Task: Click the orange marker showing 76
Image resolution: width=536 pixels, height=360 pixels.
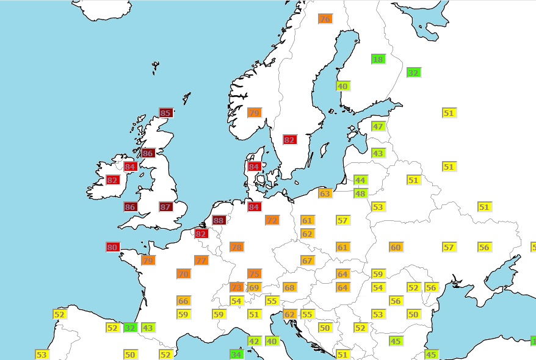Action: (325, 19)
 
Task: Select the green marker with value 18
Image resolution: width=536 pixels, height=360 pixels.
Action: (378, 59)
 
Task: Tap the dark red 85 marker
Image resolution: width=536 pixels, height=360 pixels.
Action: (165, 113)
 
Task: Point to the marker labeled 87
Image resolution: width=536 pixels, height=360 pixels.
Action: (165, 207)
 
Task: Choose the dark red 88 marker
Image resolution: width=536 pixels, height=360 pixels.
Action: (219, 220)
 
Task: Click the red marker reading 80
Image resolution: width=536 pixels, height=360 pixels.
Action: (112, 247)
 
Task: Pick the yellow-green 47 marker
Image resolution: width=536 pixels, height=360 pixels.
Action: (378, 126)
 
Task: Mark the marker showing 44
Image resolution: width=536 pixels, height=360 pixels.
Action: (360, 180)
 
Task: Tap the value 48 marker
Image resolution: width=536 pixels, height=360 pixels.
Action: (360, 193)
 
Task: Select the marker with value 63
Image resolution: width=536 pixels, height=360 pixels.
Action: (325, 193)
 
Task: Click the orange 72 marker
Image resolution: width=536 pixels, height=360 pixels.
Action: (272, 220)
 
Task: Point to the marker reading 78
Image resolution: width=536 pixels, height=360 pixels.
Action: (236, 247)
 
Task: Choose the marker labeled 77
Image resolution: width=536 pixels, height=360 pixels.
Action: (201, 261)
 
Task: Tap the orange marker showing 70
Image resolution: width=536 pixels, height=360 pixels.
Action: (183, 274)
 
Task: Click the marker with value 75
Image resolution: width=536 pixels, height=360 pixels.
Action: (254, 274)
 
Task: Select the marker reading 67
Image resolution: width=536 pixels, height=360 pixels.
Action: (307, 261)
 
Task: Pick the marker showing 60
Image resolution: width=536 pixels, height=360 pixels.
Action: (396, 247)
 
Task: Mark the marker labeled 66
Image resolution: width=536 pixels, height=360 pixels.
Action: (183, 301)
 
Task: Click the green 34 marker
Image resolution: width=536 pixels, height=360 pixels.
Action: (236, 354)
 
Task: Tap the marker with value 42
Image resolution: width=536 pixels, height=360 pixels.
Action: (254, 341)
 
